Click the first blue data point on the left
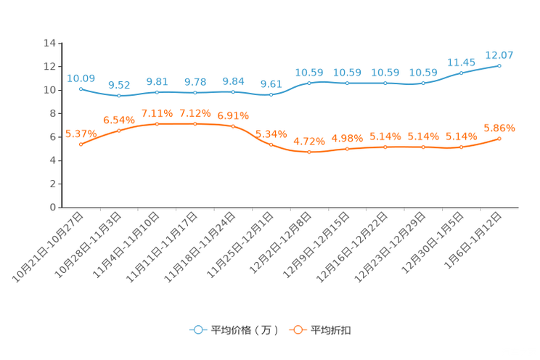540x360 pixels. coord(81,89)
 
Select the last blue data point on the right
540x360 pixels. coord(499,65)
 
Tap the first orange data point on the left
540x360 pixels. coord(81,144)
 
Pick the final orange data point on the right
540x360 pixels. coord(499,138)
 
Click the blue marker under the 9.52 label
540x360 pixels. coord(119,96)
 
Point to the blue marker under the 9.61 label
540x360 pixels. coord(271,94)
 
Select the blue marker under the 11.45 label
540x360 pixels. coord(461,73)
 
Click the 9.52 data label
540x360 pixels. coord(118,84)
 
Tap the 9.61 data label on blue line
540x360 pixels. coord(271,83)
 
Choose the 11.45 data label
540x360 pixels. coord(461,62)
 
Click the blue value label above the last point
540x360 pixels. coord(499,54)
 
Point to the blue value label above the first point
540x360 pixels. coord(81,78)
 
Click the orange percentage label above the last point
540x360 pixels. coord(499,127)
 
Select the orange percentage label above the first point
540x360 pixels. coord(81,134)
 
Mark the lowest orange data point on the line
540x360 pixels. coord(309,152)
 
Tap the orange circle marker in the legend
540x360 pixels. coord(297,330)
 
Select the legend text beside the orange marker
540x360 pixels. coord(332,330)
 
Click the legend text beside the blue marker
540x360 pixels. coord(244,330)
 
